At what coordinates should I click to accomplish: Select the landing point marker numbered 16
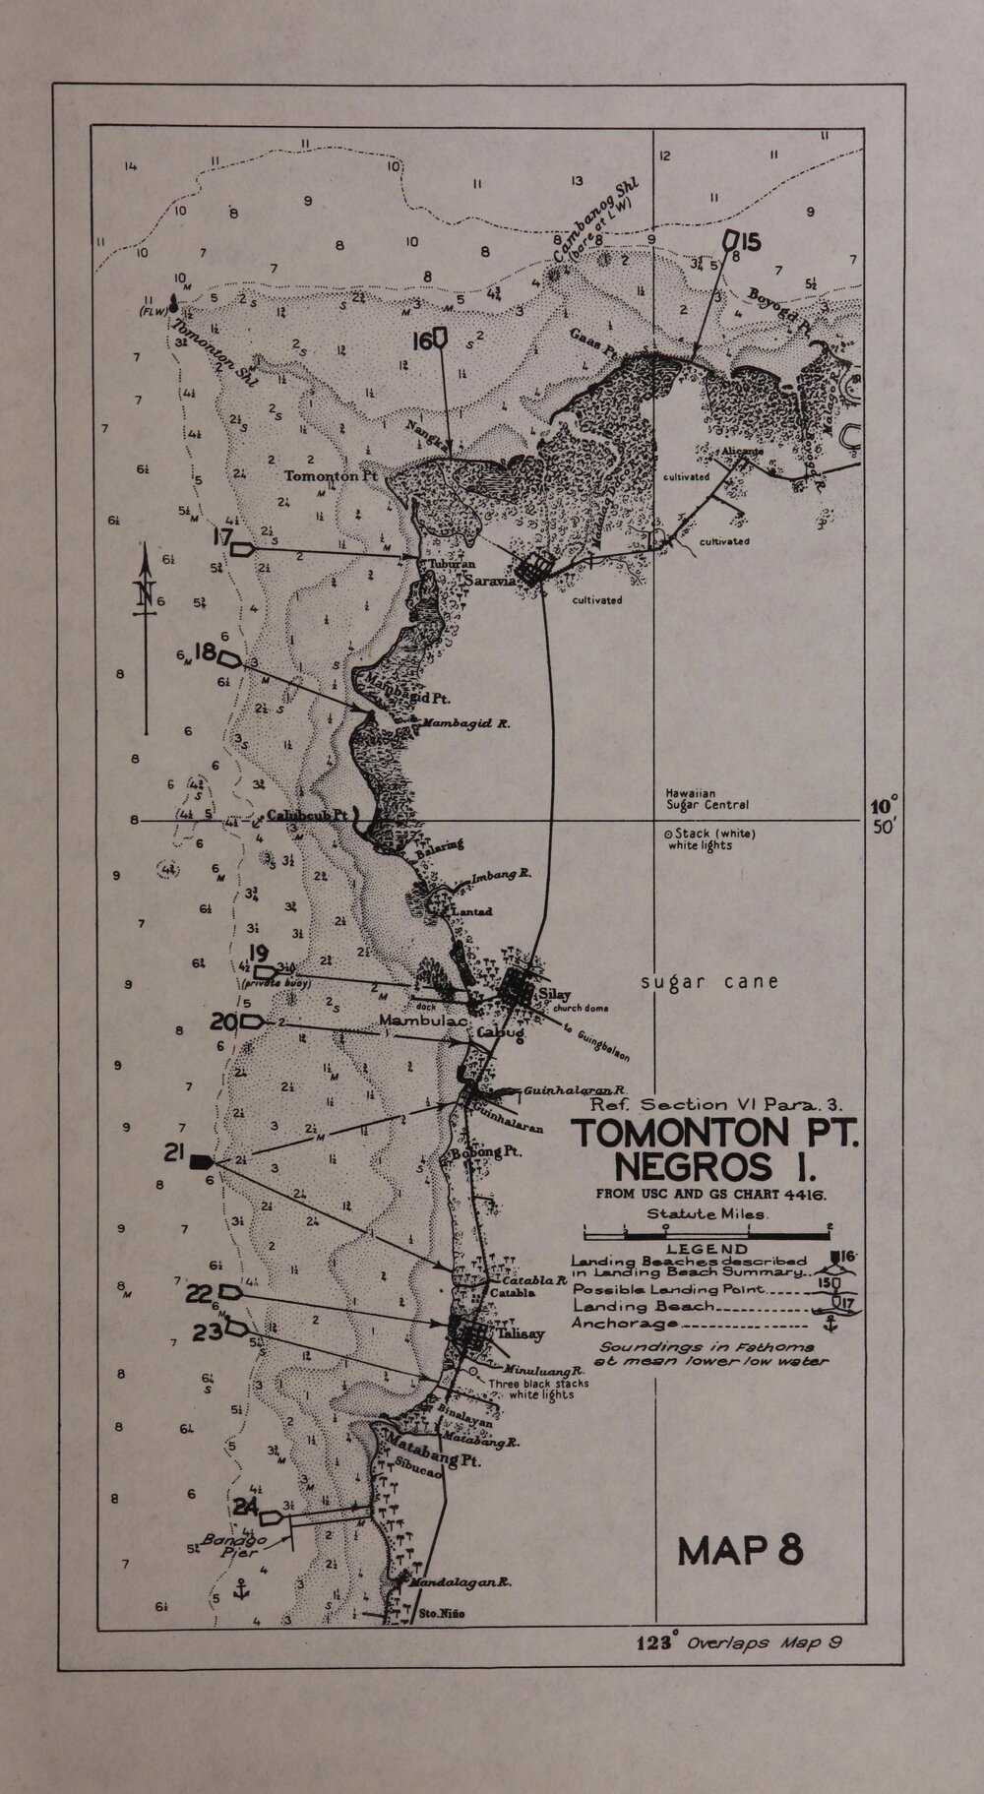tap(440, 340)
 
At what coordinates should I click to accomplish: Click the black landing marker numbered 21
tap(202, 1161)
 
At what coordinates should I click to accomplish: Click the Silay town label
tap(554, 995)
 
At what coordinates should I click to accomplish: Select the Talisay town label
tap(520, 1334)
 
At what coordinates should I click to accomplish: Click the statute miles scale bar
tap(707, 1230)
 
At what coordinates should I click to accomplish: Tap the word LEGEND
tap(706, 1249)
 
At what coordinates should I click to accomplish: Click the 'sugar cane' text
tap(708, 981)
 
